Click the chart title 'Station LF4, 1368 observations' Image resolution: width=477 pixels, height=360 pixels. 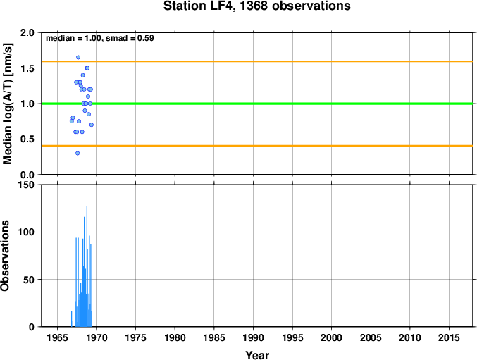[256, 6]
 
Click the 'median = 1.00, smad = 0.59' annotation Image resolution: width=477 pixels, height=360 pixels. [100, 38]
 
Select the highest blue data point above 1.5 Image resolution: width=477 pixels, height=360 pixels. [78, 58]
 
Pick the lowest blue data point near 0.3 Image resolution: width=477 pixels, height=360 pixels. [78, 154]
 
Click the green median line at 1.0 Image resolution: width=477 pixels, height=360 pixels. [257, 104]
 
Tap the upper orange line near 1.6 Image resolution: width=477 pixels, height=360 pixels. [257, 61]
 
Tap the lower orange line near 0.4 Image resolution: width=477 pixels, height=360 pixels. [257, 146]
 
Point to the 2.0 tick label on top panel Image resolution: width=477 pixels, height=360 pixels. [27, 32]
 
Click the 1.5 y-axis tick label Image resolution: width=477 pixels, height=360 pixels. [27, 68]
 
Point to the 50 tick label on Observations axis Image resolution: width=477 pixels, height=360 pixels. [29, 280]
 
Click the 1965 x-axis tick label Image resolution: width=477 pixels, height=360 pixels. [58, 337]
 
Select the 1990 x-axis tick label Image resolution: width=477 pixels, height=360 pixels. [254, 337]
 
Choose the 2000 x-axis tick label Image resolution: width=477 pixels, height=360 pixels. [332, 337]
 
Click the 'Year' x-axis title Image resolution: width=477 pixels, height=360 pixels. [257, 355]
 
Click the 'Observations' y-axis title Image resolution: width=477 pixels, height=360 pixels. [5, 256]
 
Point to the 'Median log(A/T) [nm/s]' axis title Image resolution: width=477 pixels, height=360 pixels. [8, 104]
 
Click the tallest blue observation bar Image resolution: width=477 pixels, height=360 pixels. [87, 267]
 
